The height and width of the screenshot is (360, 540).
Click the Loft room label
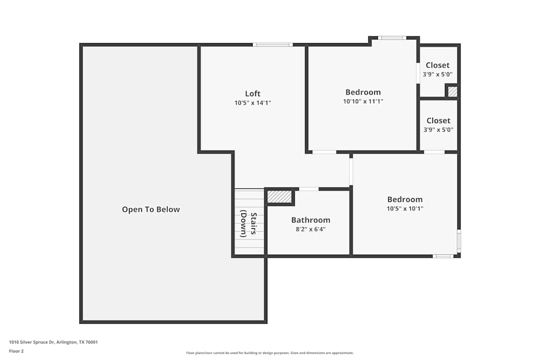point(253,94)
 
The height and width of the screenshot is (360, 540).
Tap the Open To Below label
point(151,209)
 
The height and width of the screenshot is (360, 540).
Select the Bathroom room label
point(310,220)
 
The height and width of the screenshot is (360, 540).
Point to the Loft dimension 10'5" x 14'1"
point(253,103)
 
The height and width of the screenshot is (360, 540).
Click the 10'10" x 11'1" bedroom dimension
point(363,101)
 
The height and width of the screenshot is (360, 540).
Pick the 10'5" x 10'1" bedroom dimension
point(404,208)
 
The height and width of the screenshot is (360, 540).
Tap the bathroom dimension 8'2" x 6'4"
point(310,229)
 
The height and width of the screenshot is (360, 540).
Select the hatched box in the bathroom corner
point(279,196)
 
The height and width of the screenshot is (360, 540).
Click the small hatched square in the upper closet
point(453,92)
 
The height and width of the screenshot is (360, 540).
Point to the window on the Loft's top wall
point(273,44)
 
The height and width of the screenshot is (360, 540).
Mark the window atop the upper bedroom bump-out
point(391,38)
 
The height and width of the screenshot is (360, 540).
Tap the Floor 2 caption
point(16,351)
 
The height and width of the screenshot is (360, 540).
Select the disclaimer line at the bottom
point(270,353)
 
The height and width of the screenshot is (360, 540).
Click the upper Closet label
point(437,65)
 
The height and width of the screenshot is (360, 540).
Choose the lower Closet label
point(438,121)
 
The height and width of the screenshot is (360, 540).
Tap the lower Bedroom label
point(404,200)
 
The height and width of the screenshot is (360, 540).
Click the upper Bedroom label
point(363,92)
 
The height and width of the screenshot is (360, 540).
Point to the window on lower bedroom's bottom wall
point(443,256)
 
